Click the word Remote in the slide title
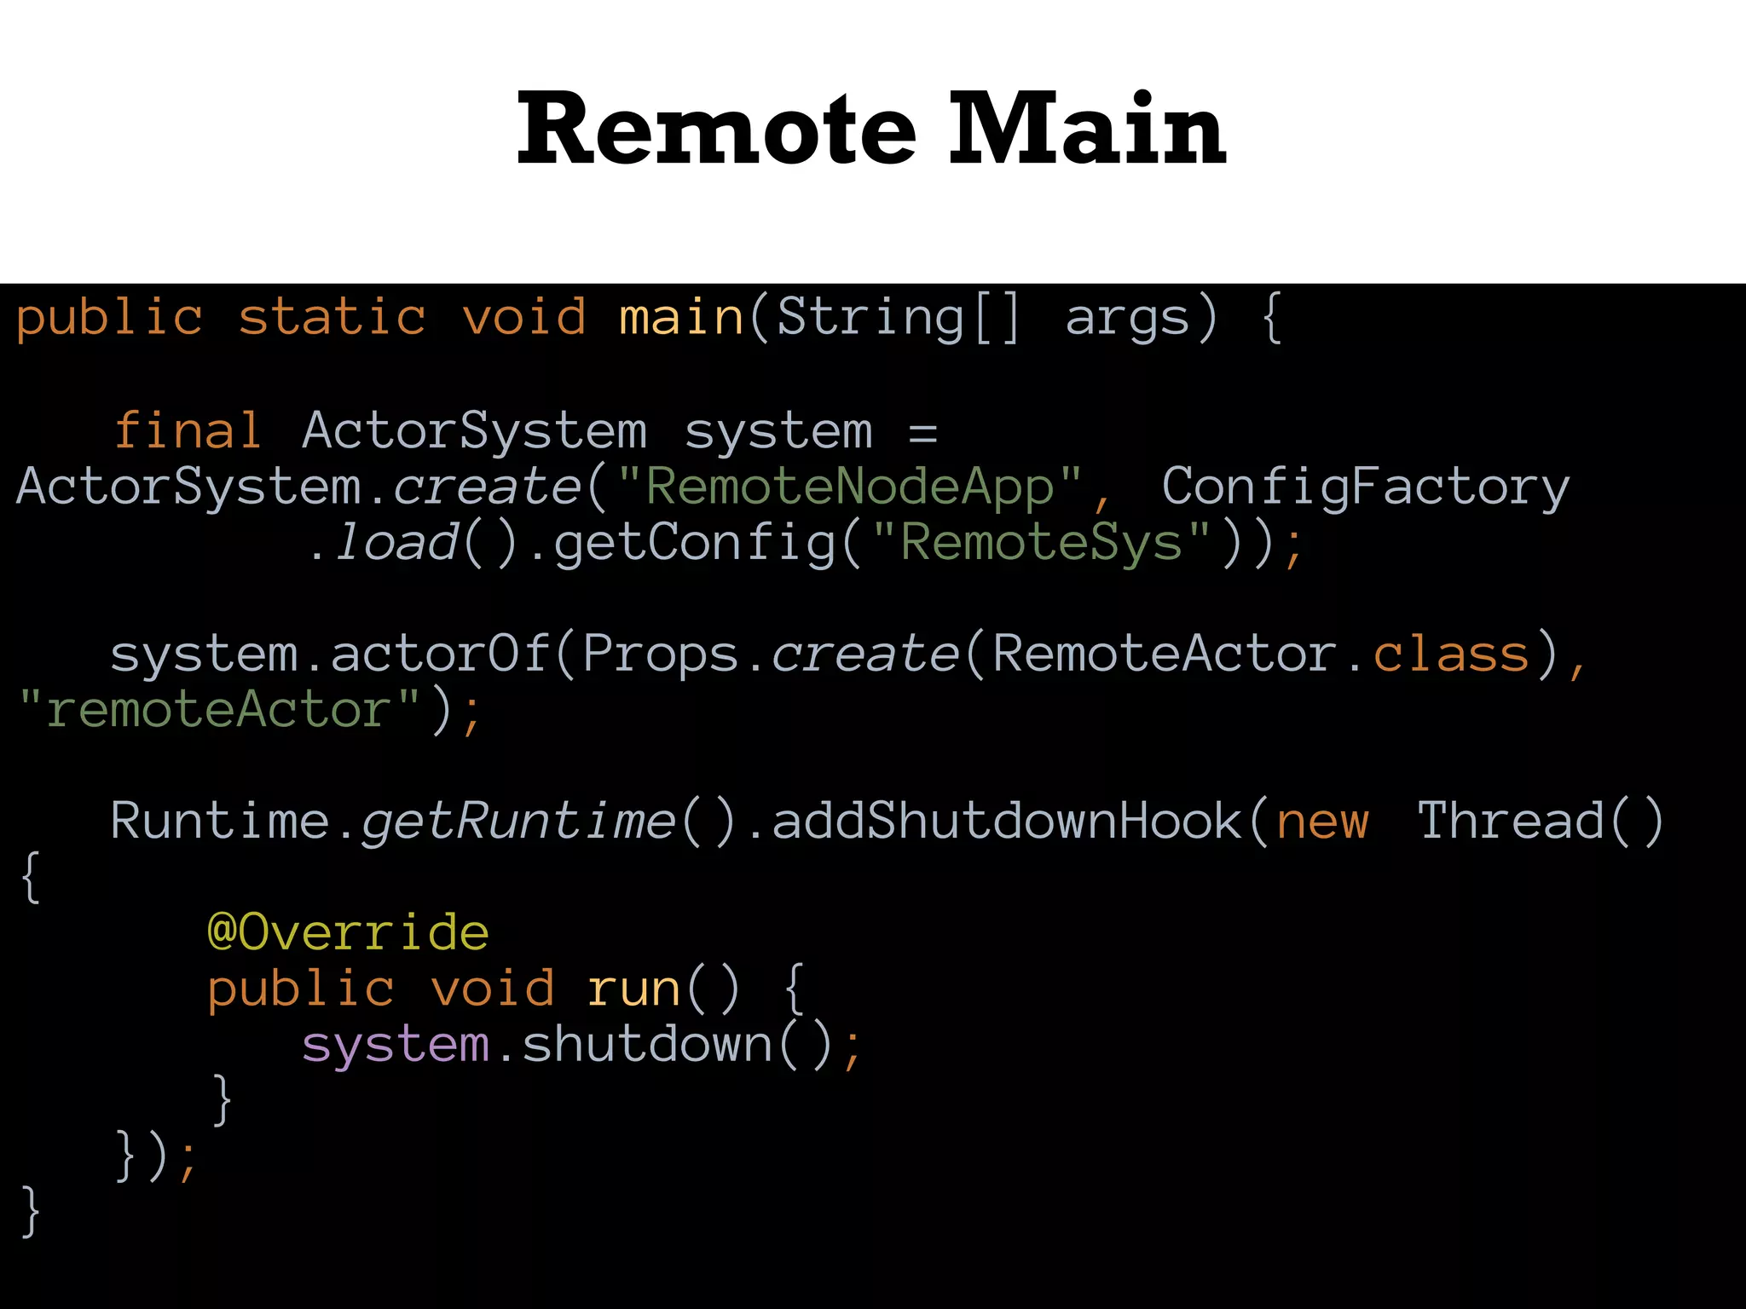pos(716,130)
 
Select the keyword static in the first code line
pos(332,318)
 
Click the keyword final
pos(188,430)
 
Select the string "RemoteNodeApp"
pos(850,487)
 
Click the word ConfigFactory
pos(1365,487)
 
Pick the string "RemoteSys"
pos(1042,543)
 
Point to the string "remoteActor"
pos(219,710)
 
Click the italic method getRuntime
pos(518,822)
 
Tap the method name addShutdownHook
pos(1006,822)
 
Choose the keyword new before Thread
pos(1322,822)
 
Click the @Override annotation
pos(348,932)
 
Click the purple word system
pos(396,1046)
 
